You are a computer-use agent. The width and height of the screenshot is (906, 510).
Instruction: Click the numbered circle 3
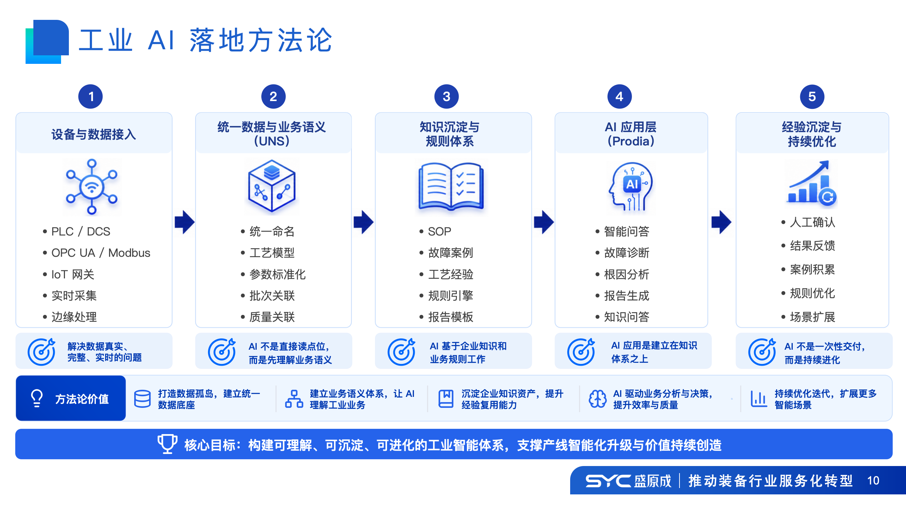446,96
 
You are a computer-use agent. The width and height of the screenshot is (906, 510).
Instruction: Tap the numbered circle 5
812,96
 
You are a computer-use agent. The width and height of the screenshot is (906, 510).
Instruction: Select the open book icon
451,186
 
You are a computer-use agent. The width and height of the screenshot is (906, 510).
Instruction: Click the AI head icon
631,187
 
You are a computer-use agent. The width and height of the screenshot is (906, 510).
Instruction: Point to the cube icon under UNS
272,186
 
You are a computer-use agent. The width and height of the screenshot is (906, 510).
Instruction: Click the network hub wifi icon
92,187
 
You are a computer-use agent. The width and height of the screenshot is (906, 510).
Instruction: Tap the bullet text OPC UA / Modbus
101,253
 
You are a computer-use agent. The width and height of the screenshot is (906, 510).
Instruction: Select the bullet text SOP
440,232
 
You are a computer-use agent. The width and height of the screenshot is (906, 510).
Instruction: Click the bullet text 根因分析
627,274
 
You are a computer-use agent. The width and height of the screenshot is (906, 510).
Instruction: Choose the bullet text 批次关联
272,295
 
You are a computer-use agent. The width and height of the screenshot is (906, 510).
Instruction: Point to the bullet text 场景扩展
812,317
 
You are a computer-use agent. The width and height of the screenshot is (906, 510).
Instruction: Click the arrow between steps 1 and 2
185,222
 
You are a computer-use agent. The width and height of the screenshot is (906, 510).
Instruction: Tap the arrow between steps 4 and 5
721,222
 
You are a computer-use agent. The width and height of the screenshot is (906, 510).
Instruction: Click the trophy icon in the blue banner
167,444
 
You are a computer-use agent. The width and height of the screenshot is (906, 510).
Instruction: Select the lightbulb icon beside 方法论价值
37,398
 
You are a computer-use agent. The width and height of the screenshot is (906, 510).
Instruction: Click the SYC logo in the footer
608,481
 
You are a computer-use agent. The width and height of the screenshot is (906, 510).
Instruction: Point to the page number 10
873,481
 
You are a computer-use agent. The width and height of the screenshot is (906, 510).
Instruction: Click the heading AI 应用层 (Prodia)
631,134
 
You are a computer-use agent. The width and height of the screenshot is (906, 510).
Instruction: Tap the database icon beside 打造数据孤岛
142,399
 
